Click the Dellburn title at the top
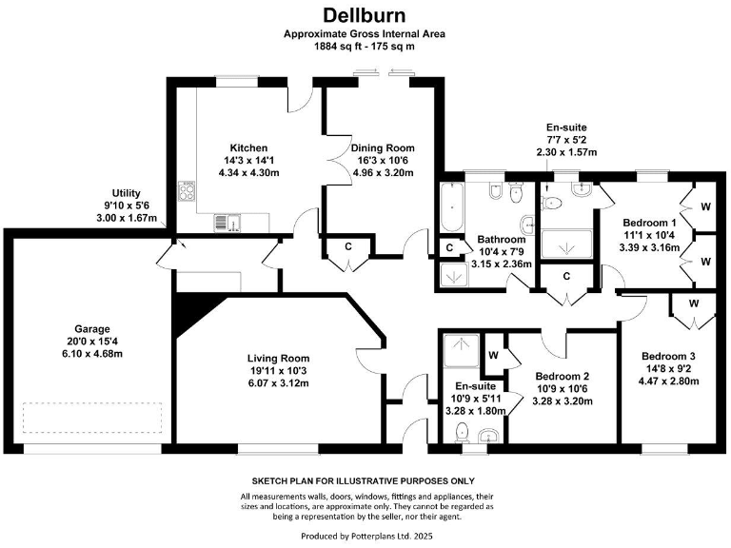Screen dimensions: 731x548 [365, 15]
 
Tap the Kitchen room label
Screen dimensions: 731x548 [249, 148]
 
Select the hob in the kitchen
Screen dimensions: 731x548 [187, 191]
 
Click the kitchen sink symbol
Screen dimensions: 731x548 [227, 223]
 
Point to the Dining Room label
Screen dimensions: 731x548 [383, 148]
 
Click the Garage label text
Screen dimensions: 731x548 [92, 329]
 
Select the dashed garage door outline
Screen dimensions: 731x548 [92, 418]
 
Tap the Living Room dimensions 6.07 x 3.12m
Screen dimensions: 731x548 [279, 383]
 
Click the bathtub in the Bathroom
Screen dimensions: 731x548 [452, 206]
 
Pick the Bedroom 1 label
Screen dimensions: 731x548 [649, 223]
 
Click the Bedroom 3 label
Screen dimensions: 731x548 [668, 357]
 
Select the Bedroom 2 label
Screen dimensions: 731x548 [563, 377]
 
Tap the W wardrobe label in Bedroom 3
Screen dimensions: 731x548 [694, 303]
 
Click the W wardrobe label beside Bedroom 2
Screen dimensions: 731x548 [494, 356]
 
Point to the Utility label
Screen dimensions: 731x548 [126, 193]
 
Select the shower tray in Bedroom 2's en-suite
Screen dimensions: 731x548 [462, 350]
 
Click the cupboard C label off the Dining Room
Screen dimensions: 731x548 [348, 246]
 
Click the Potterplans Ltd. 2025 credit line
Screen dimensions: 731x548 [366, 536]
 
